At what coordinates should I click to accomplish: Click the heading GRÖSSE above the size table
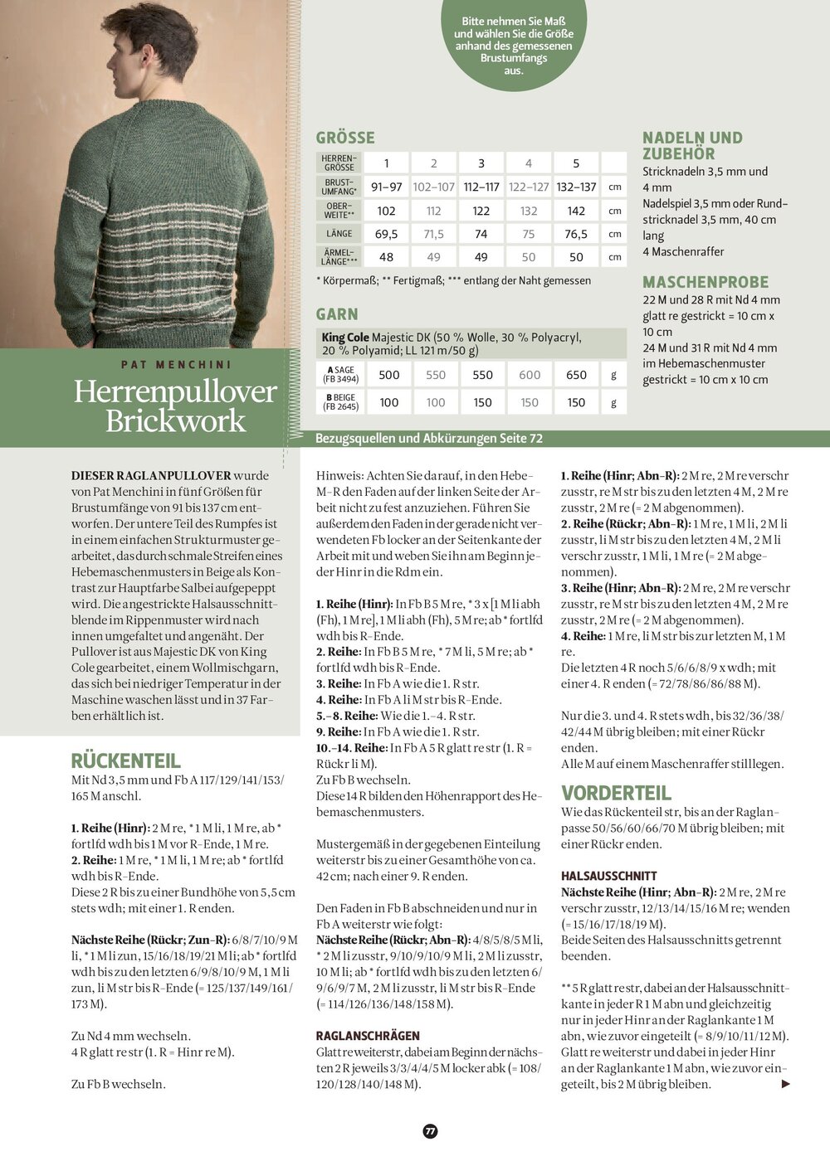(x=345, y=138)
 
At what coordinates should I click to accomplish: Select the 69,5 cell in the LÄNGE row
(x=386, y=234)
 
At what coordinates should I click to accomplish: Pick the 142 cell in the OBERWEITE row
(x=576, y=211)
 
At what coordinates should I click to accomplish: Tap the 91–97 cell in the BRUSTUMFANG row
(x=386, y=187)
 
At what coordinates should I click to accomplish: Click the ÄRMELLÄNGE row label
(x=339, y=257)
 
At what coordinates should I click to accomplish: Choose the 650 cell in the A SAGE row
(x=576, y=375)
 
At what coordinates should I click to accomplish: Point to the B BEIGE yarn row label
(x=340, y=402)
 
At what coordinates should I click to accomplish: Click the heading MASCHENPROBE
(x=705, y=282)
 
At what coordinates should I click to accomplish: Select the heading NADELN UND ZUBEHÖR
(x=692, y=145)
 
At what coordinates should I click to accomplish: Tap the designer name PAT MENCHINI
(x=176, y=364)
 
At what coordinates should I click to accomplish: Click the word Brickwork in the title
(x=175, y=421)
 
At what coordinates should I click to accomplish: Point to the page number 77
(x=430, y=1131)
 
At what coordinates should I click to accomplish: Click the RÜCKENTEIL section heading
(x=125, y=761)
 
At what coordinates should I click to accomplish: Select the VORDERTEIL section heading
(x=616, y=793)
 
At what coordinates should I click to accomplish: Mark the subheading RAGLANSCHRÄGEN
(x=368, y=1036)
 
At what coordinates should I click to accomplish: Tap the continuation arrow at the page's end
(x=786, y=1084)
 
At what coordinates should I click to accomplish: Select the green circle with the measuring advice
(x=513, y=41)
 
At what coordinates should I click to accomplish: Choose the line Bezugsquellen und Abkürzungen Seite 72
(x=429, y=438)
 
